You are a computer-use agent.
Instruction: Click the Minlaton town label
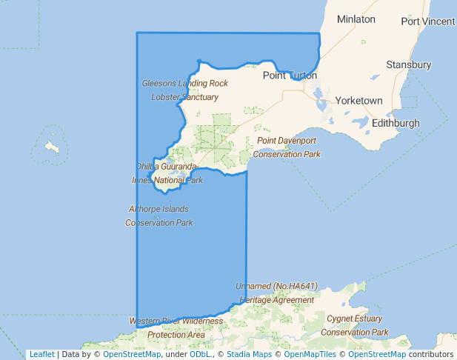(x=356, y=19)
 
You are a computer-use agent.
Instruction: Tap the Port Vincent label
(x=428, y=21)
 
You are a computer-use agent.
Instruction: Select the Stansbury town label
(x=408, y=65)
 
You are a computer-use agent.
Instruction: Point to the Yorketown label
(x=358, y=100)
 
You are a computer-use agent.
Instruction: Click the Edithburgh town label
(x=396, y=123)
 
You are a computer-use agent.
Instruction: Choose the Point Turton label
(x=290, y=76)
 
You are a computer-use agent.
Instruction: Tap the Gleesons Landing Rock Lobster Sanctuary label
(x=185, y=90)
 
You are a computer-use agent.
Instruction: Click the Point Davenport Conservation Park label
(x=287, y=147)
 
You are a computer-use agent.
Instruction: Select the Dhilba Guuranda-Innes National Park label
(x=167, y=173)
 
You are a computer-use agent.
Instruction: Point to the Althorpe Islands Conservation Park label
(x=159, y=216)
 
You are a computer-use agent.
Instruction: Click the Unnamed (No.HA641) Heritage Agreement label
(x=276, y=293)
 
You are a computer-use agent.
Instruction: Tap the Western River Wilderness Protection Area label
(x=176, y=327)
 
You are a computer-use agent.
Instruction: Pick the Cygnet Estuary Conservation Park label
(x=355, y=325)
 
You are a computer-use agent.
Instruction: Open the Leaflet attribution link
(x=41, y=354)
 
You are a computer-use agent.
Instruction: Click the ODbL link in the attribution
(x=200, y=354)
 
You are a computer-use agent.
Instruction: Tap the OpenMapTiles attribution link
(x=310, y=354)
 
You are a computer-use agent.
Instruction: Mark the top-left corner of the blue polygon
(x=137, y=33)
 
